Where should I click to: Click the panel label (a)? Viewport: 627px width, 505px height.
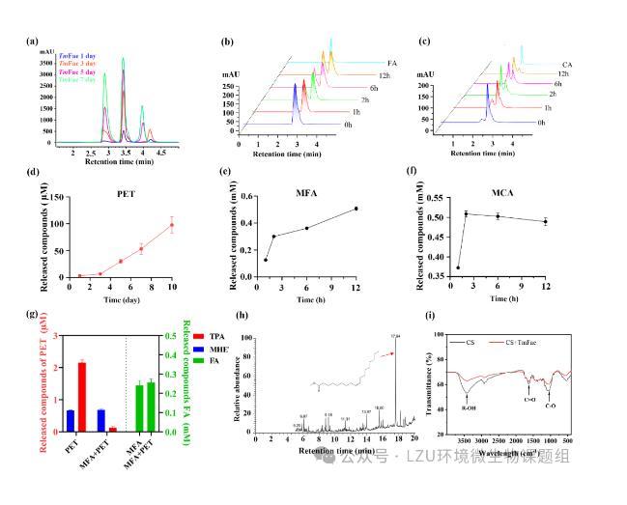coord(32,41)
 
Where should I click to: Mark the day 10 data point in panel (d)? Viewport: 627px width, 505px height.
coord(172,225)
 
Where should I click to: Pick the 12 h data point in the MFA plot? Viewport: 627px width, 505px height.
coord(356,209)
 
